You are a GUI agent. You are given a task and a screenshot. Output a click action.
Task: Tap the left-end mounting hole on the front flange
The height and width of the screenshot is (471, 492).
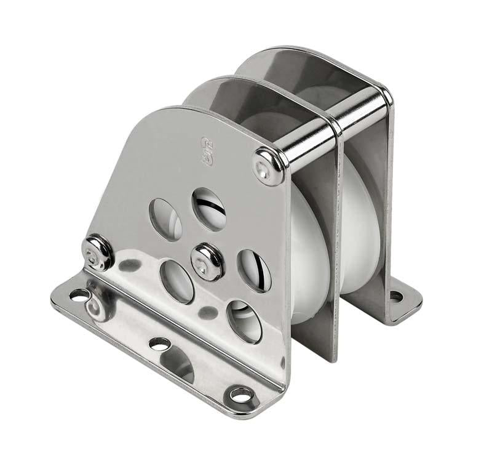pyautogui.click(x=78, y=296)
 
